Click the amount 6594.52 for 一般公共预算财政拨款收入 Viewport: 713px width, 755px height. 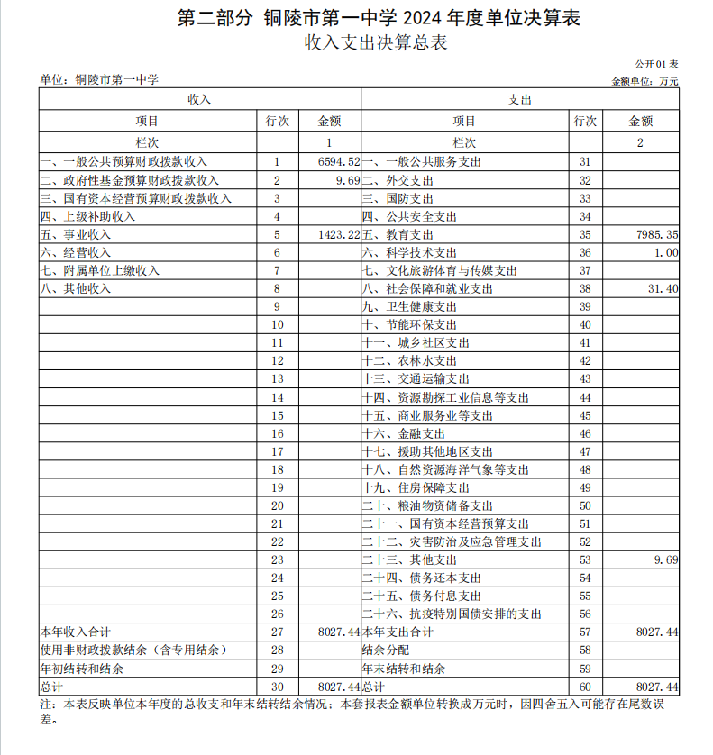coord(339,161)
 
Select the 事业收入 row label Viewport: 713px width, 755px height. coord(87,234)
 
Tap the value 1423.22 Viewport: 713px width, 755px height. coord(339,234)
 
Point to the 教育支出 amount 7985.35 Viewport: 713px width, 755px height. coord(655,234)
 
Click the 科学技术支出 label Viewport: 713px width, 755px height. coord(409,252)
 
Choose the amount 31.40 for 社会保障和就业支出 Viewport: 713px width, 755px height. coord(663,288)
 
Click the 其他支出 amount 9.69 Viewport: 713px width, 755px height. coord(665,559)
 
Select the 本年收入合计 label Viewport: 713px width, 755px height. coord(76,632)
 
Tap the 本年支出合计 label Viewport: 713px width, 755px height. coord(398,632)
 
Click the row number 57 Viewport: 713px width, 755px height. coord(585,632)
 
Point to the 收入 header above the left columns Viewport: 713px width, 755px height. coord(199,99)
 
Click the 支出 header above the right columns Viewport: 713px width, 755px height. coord(520,99)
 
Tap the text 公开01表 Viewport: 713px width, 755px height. coord(656,65)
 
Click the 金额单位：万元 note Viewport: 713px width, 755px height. coord(645,80)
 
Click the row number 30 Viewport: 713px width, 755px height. coord(277,687)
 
